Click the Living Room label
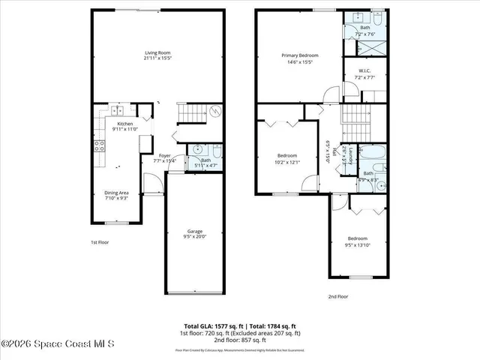tap(157, 52)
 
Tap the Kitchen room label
tap(124, 124)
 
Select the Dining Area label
tap(115, 193)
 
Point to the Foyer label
tap(164, 156)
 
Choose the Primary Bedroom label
tap(300, 55)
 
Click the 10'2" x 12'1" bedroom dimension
tap(288, 162)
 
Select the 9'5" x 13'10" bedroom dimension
tap(358, 244)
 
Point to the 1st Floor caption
tap(100, 242)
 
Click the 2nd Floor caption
tap(338, 296)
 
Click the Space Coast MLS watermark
tap(58, 343)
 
